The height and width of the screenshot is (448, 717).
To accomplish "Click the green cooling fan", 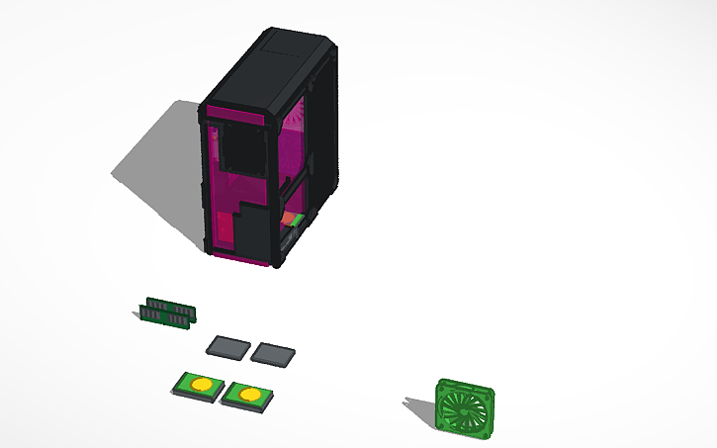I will click(464, 406).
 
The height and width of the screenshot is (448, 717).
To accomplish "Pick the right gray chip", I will click(273, 353).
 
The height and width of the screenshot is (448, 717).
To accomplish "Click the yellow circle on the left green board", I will click(201, 384).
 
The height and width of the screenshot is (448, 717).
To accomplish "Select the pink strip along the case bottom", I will click(242, 259).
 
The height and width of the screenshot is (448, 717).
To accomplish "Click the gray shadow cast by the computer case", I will click(158, 158).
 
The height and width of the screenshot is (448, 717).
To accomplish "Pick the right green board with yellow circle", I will click(245, 397).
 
